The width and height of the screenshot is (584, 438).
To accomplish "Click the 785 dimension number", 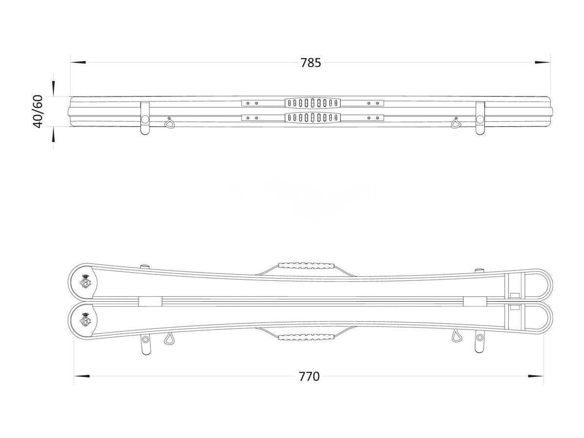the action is [x=310, y=63].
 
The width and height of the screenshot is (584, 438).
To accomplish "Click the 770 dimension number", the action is [x=309, y=377].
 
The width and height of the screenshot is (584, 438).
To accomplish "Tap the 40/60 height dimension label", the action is [x=38, y=111].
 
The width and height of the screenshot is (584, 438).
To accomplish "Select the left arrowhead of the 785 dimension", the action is [x=78, y=62].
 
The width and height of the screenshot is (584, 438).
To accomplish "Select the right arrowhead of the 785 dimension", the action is [x=543, y=62].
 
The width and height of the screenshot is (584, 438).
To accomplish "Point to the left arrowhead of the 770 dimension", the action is [x=82, y=376].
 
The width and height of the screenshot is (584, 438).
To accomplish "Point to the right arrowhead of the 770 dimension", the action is [x=536, y=376].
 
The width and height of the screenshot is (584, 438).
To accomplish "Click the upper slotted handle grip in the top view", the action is [x=312, y=103].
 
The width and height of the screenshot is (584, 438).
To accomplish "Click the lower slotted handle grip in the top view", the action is [x=312, y=118].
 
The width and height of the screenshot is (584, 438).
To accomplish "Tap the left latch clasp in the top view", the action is [x=145, y=118].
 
